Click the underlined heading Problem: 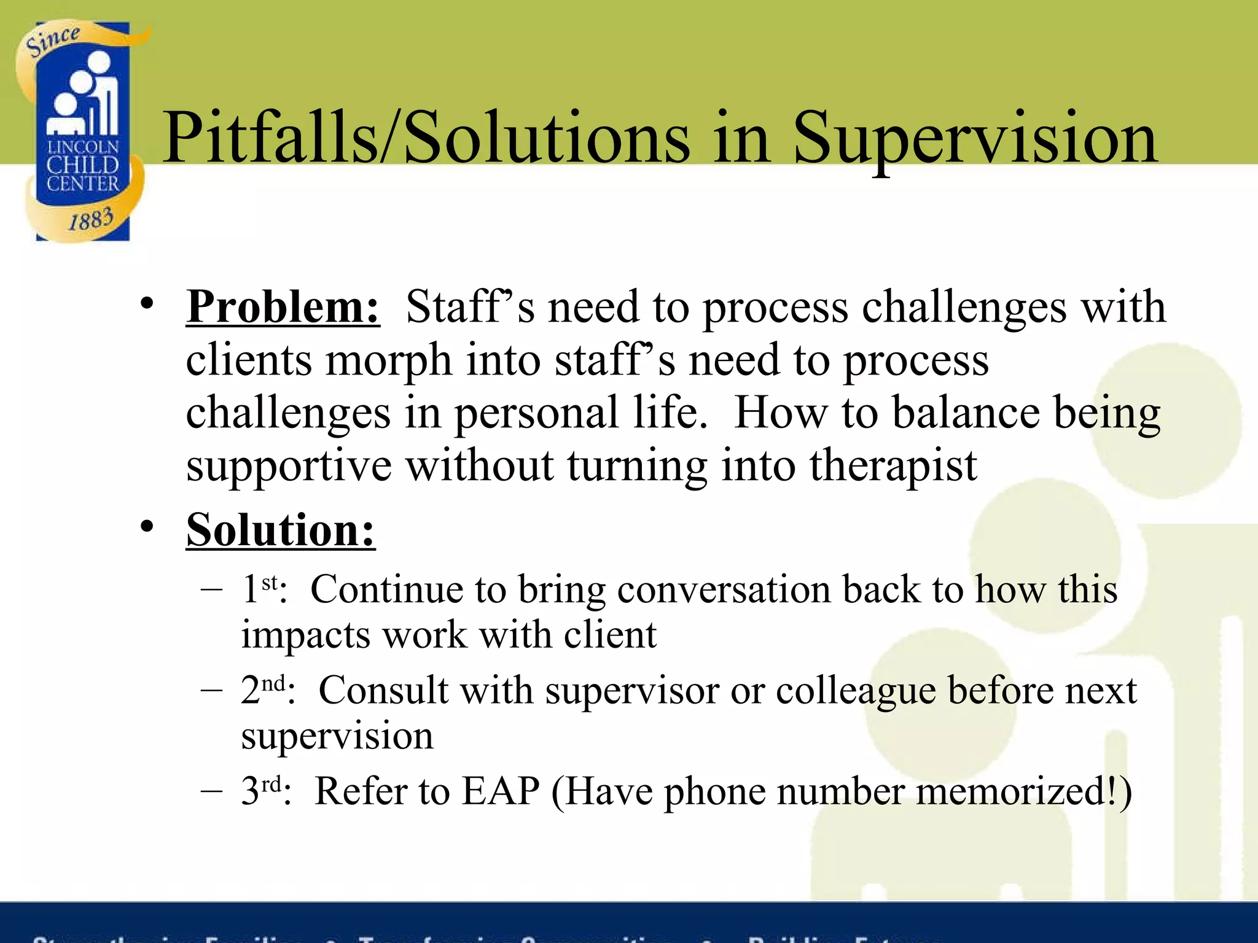click(283, 306)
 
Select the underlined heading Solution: click(281, 530)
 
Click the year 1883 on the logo click(90, 219)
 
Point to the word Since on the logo click(52, 41)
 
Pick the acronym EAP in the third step click(501, 791)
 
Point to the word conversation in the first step click(723, 589)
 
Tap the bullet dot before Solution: click(146, 527)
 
